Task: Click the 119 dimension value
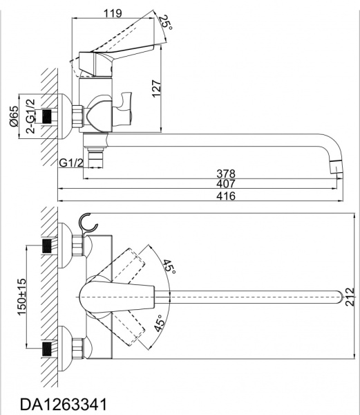113,12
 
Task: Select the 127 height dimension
156,89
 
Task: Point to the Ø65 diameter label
14,116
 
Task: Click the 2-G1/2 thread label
30,116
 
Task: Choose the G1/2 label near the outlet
71,163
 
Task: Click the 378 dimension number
226,174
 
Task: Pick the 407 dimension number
226,183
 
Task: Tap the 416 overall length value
226,196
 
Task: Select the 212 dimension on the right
350,297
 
